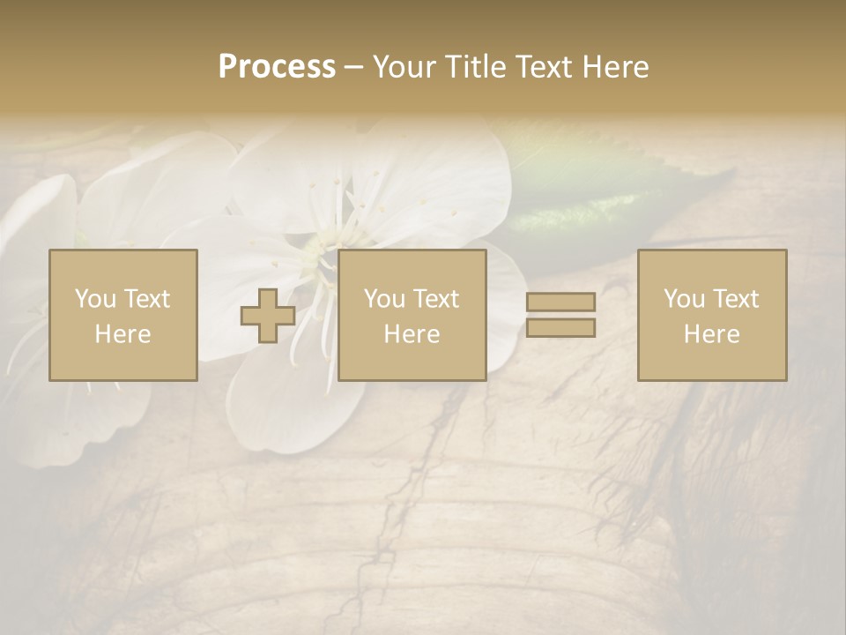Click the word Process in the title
tap(277, 67)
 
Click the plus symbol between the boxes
tap(268, 316)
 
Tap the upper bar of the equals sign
tap(560, 302)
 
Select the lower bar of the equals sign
tap(560, 327)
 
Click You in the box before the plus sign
tap(96, 299)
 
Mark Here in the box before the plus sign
tap(122, 334)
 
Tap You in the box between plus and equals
tap(385, 299)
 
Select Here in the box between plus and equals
tap(412, 334)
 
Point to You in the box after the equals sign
tap(685, 299)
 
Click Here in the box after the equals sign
tap(711, 334)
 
